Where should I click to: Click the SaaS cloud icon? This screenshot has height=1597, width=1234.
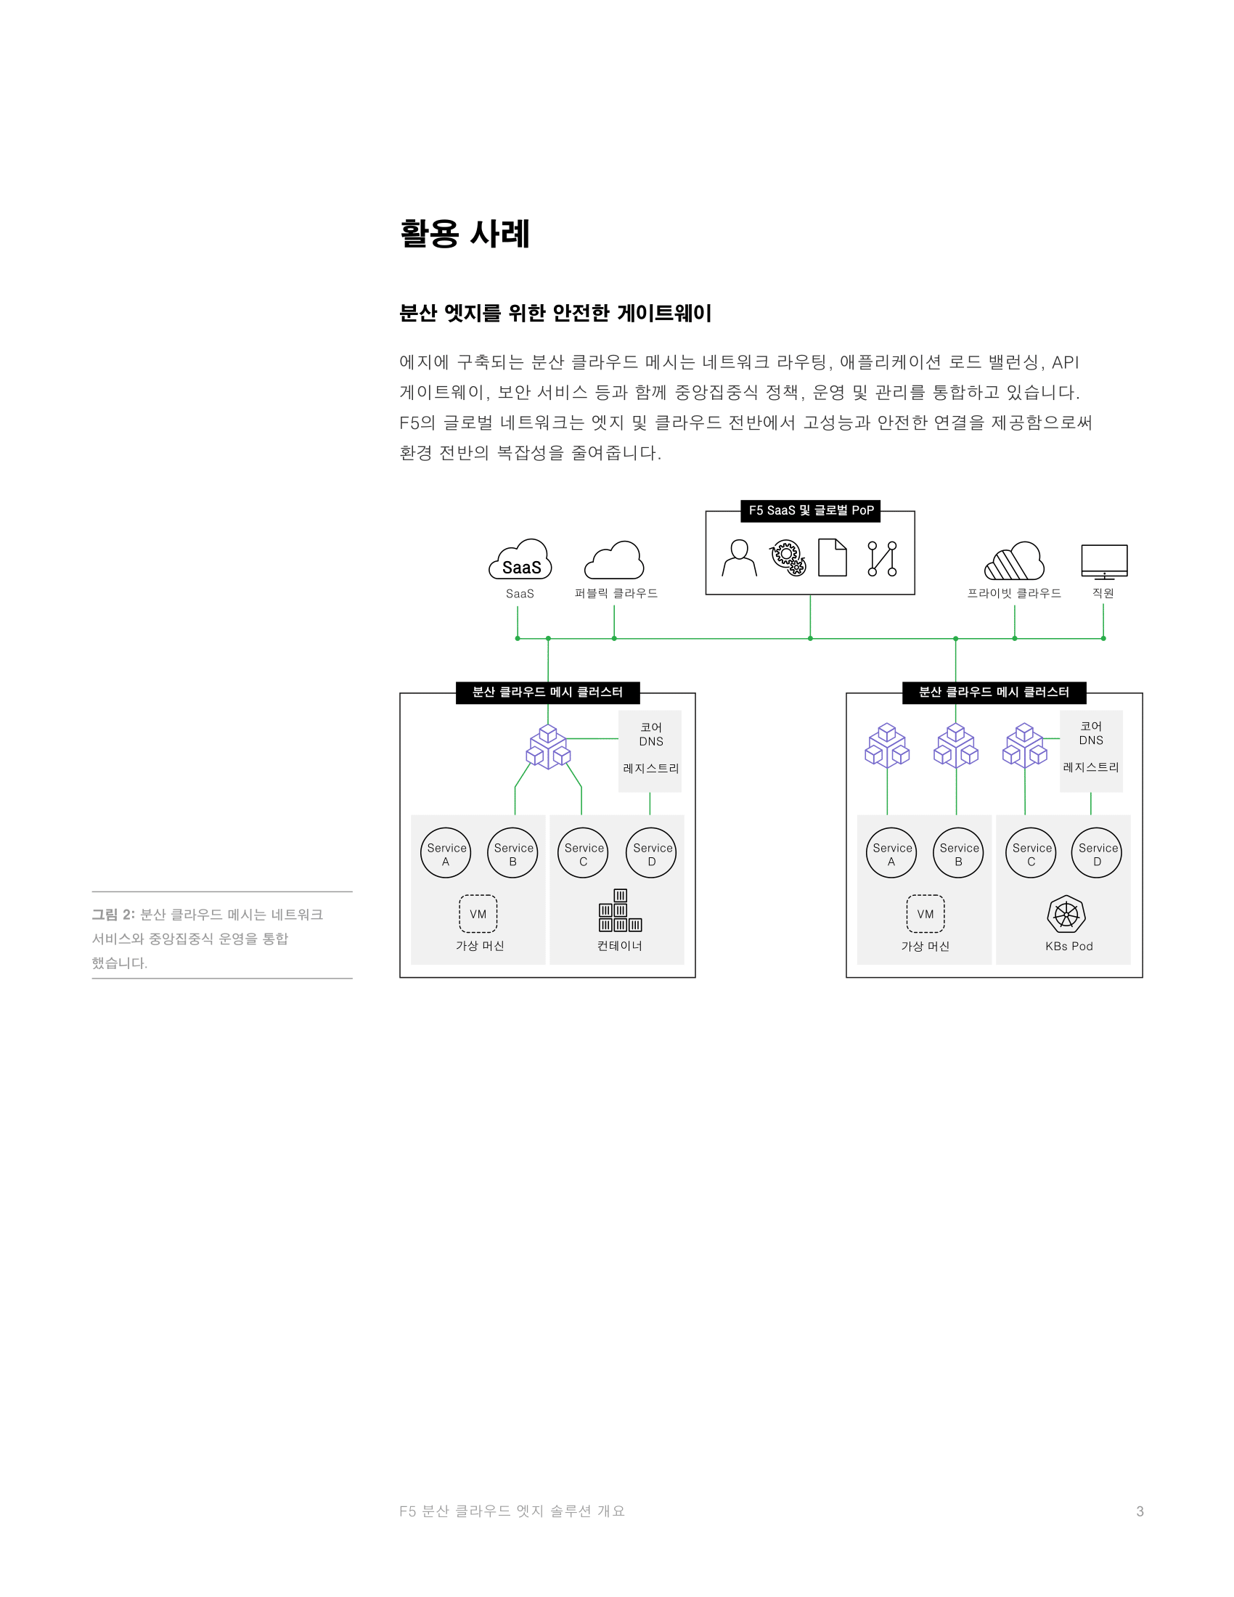point(520,560)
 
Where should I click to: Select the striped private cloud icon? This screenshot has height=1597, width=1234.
point(1014,561)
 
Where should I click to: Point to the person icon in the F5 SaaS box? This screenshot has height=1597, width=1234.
point(739,558)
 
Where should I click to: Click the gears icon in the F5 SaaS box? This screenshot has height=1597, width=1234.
point(788,558)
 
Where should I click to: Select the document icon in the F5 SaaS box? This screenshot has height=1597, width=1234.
point(833,558)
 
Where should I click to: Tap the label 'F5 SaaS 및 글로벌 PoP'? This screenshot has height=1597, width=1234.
point(811,510)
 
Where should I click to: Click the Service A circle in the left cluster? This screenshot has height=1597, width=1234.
point(446,853)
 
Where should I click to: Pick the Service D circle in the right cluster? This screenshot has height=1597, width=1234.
point(1097,853)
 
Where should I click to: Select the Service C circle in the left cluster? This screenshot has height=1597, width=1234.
point(583,853)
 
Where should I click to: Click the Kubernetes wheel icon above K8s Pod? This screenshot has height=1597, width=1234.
point(1066,914)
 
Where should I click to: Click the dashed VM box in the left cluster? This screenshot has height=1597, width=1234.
point(478,914)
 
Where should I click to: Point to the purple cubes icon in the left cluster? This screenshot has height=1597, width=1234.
point(548,746)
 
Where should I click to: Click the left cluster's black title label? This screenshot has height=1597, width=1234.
point(547,693)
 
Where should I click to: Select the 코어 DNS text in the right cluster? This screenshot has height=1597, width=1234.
point(1091,732)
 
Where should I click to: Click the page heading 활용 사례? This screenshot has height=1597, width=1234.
point(465,234)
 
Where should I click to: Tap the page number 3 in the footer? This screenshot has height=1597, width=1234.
point(1140,1511)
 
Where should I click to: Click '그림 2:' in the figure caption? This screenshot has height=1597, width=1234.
point(113,915)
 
